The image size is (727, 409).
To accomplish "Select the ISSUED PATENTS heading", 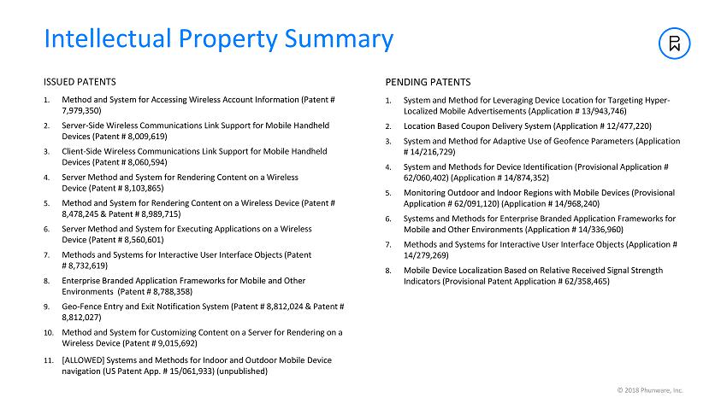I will click(x=80, y=83).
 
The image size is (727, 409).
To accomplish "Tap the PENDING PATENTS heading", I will click(x=428, y=83).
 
